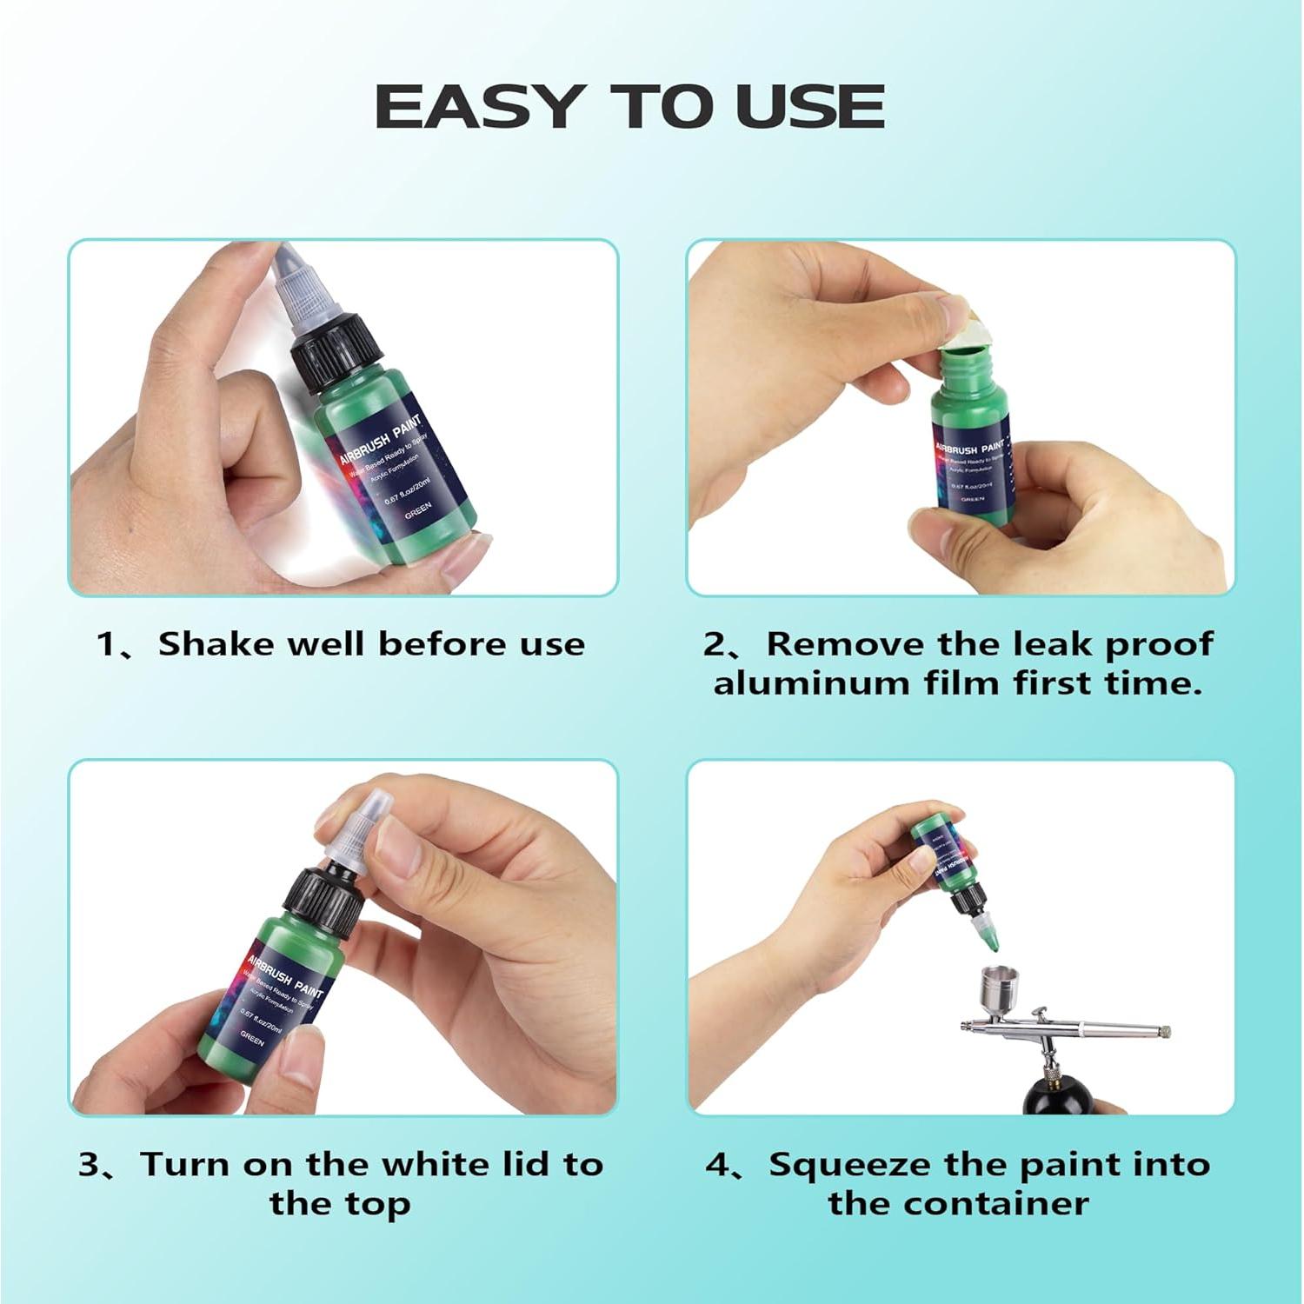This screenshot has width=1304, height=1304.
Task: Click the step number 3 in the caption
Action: pos(89,1165)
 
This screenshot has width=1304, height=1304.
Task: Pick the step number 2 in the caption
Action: pos(714,645)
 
